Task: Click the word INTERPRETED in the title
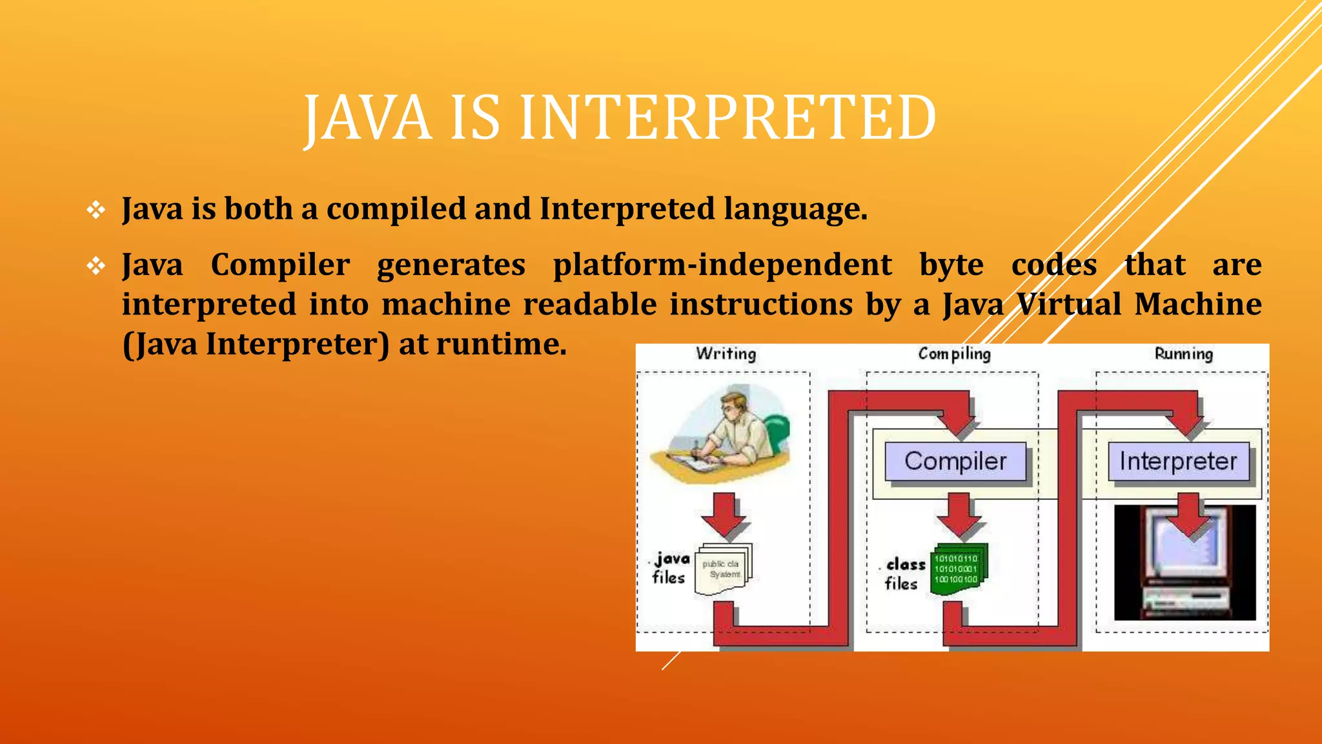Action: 727,118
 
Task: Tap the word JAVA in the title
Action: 368,118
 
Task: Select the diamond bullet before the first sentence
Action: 96,210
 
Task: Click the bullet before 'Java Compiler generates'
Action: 96,265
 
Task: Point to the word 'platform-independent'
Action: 722,265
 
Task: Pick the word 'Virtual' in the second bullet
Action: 1069,304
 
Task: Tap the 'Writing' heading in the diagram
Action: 726,354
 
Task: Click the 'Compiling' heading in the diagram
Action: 954,354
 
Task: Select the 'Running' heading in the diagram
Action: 1183,354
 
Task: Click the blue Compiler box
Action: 955,461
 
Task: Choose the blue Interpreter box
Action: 1178,461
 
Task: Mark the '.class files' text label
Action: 902,573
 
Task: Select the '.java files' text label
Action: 669,568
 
